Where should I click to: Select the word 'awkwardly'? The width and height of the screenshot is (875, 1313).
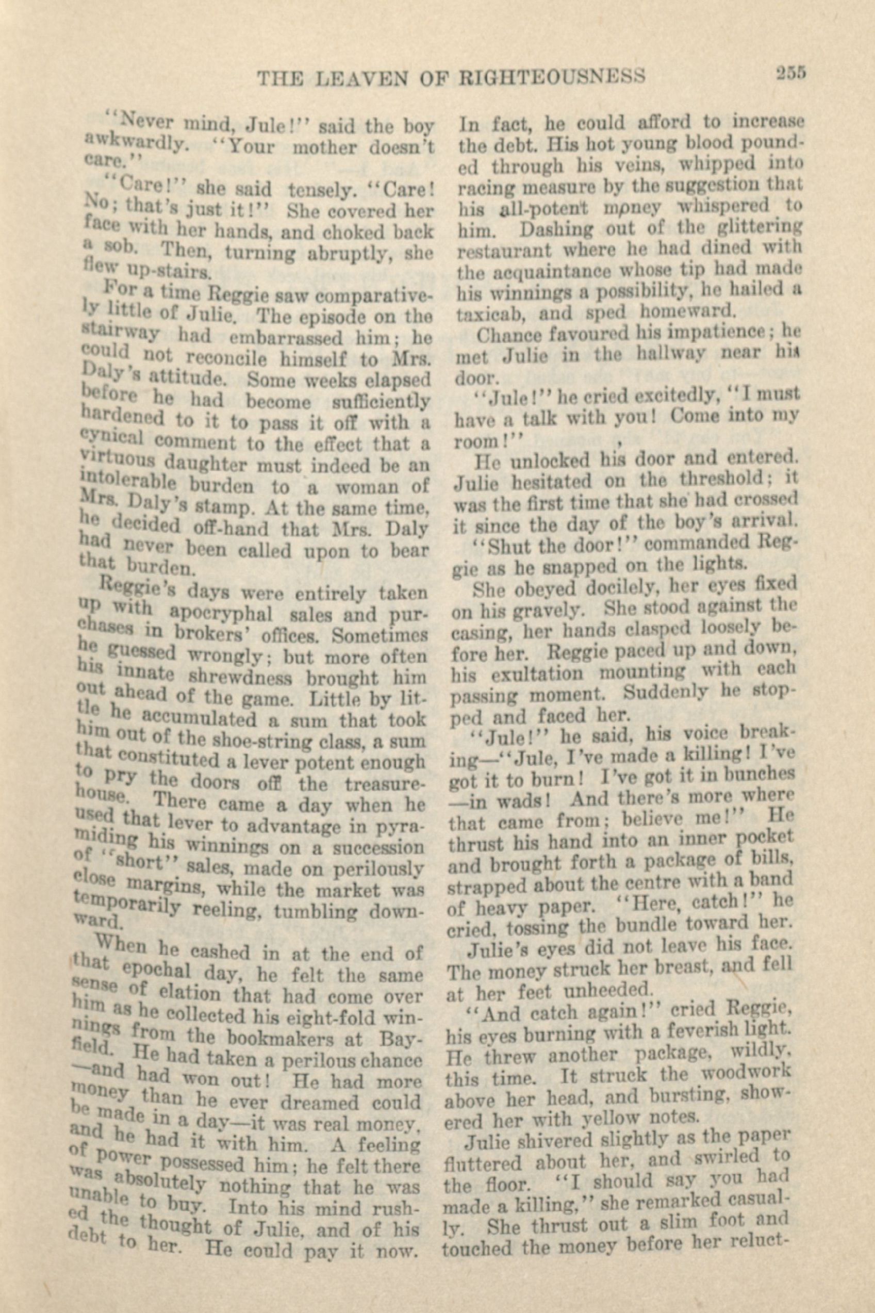(x=135, y=142)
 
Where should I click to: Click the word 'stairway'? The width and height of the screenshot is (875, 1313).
(x=120, y=332)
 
